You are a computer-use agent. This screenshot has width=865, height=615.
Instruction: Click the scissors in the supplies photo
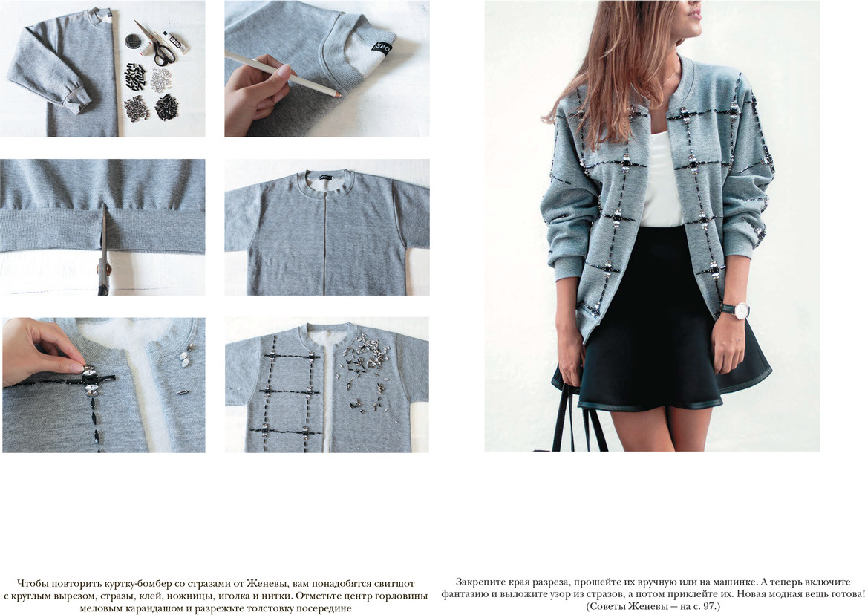click(157, 43)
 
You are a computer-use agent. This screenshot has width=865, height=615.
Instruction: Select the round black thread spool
click(133, 41)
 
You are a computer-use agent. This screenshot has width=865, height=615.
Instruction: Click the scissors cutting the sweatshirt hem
click(103, 254)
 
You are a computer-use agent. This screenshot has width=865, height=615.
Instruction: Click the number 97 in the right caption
click(709, 606)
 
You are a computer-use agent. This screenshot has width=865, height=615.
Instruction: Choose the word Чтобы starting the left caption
click(33, 584)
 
